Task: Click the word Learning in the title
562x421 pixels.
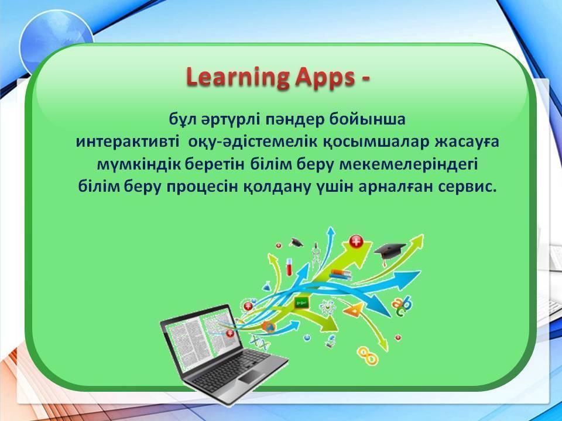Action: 238,77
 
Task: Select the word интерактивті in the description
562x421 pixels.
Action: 128,142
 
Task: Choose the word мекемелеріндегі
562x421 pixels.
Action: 408,165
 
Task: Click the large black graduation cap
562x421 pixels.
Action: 390,251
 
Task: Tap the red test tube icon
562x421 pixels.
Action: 289,267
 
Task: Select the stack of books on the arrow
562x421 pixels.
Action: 341,275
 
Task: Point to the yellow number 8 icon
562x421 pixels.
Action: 368,354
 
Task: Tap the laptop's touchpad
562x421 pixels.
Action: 251,375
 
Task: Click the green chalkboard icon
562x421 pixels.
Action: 301,304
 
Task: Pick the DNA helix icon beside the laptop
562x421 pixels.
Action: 260,343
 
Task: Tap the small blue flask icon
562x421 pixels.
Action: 266,286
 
